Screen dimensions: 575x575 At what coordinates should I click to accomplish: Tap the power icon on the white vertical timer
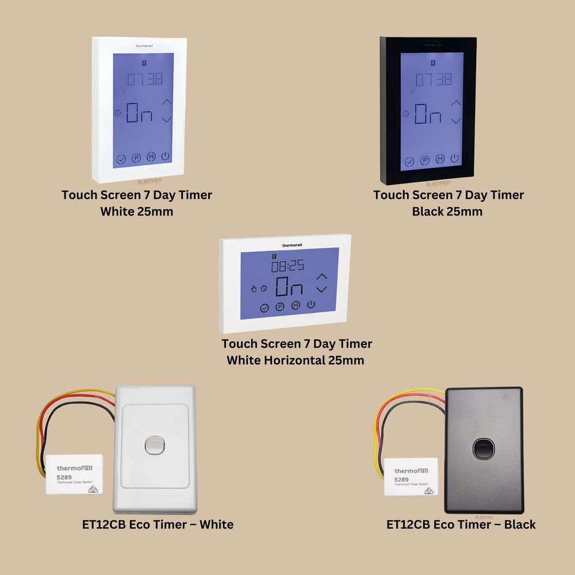coord(166,156)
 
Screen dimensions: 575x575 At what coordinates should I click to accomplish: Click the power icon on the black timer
coord(455,158)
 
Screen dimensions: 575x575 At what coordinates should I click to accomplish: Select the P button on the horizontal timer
coord(280,307)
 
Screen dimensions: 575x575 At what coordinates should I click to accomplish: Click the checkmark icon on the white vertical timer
coord(121,160)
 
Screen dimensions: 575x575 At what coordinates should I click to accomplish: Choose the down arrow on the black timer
coord(456,120)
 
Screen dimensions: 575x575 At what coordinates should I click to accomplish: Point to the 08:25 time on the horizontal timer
coord(287,266)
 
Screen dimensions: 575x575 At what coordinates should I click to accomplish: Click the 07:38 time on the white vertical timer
coord(144,79)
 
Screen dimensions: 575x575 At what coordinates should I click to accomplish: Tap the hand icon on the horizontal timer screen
coord(254,289)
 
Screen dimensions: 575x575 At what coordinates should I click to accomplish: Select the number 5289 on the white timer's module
coord(64,477)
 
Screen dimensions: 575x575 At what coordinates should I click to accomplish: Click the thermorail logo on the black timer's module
coord(412,471)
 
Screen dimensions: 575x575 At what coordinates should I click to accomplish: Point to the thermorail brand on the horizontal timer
coord(292,246)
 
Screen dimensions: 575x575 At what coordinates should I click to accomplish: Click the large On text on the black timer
coord(427,114)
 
